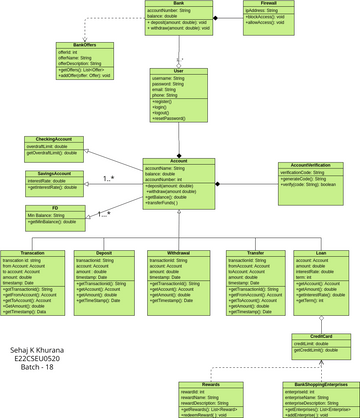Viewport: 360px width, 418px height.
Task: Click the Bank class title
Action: (x=178, y=4)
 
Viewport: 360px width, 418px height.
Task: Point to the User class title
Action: (x=178, y=70)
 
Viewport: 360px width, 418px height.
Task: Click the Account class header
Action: (x=179, y=160)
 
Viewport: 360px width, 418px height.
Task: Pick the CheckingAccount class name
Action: (x=53, y=139)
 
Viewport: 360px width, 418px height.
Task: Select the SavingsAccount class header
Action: (x=53, y=173)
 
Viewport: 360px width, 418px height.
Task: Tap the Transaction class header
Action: (x=32, y=253)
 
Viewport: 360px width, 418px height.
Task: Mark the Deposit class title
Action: (x=105, y=253)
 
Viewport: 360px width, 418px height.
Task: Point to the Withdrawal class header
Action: (x=178, y=253)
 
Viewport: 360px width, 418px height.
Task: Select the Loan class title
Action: (x=321, y=253)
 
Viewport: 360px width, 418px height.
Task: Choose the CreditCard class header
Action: (x=321, y=336)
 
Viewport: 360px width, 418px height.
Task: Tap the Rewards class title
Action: (x=211, y=384)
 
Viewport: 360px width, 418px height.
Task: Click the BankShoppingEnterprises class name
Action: (x=321, y=384)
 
